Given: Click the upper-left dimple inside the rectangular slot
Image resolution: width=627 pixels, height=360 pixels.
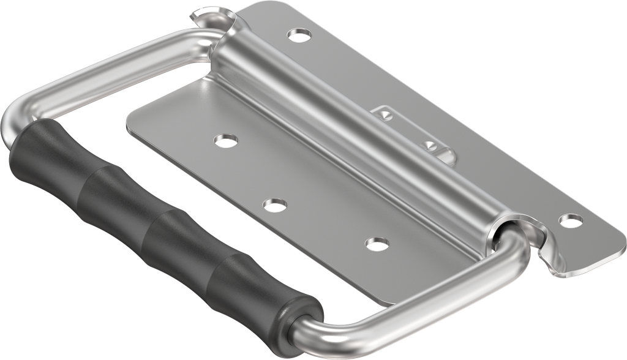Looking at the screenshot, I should tap(384, 114).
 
